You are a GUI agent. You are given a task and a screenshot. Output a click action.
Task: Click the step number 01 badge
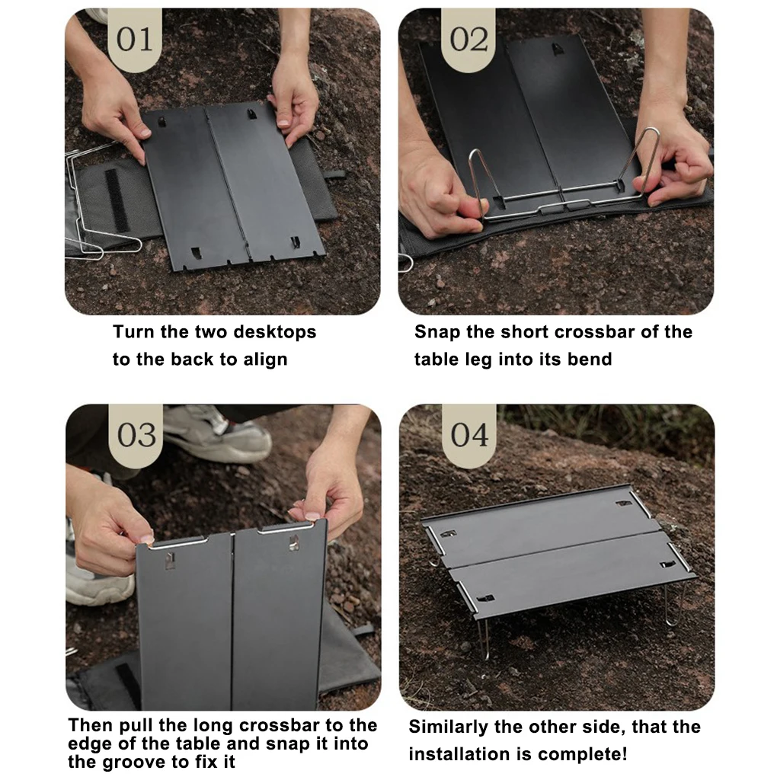click(135, 40)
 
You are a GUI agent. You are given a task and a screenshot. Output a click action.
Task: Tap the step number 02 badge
click(468, 40)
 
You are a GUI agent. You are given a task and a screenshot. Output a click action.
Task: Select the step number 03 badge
click(136, 435)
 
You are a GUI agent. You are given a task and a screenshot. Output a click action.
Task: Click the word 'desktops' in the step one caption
click(274, 332)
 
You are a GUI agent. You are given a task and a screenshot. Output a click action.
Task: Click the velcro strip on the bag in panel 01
click(117, 200)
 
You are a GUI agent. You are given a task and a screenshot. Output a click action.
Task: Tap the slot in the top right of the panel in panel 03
click(294, 542)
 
